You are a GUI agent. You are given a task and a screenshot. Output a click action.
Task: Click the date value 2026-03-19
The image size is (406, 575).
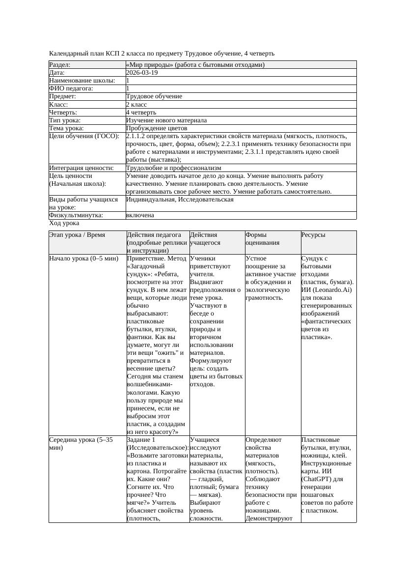(142, 72)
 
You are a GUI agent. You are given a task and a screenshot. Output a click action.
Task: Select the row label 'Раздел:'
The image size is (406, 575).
(60, 64)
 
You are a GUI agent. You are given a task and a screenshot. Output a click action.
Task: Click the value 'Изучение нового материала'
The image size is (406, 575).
(166, 120)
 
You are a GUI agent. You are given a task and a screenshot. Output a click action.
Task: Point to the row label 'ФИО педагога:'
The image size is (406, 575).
(71, 88)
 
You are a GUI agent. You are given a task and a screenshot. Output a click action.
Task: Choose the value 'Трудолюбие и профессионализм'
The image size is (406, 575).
(173, 168)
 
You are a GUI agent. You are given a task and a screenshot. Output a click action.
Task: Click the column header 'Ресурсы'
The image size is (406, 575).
(313, 235)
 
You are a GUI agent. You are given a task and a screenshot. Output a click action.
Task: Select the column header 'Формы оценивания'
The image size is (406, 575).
(262, 238)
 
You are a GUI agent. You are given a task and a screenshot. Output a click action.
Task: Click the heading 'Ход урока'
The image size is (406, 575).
(64, 223)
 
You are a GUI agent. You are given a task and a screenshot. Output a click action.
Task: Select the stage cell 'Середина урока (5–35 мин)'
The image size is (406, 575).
(81, 444)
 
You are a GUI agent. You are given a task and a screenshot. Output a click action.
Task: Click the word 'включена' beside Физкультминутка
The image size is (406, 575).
(140, 215)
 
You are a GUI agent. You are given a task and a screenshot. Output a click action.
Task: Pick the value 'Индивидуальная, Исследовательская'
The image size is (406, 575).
(180, 200)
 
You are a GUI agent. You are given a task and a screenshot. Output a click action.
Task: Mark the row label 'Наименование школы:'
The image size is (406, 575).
(82, 80)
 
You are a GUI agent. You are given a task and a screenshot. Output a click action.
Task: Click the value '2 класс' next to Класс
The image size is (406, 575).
(136, 104)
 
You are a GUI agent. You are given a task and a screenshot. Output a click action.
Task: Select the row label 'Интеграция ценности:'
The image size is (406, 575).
(81, 168)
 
